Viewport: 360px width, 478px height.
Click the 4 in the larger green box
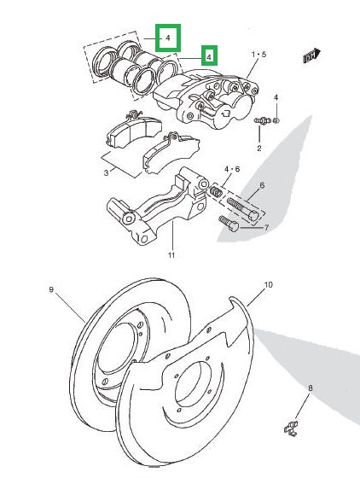[x=168, y=38]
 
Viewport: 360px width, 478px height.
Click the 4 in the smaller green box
[x=207, y=56]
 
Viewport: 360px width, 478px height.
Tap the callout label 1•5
[x=258, y=55]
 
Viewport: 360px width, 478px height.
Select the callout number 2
[x=259, y=149]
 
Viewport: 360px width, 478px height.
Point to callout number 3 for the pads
[x=106, y=172]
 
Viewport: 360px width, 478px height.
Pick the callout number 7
[x=266, y=228]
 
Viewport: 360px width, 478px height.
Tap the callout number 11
[x=171, y=255]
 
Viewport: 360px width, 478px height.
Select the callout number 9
[x=50, y=290]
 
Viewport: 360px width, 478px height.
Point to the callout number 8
[x=311, y=388]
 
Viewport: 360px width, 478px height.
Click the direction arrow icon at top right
[x=310, y=57]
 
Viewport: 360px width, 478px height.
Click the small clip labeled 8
[x=293, y=425]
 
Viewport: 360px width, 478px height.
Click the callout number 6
[x=262, y=185]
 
